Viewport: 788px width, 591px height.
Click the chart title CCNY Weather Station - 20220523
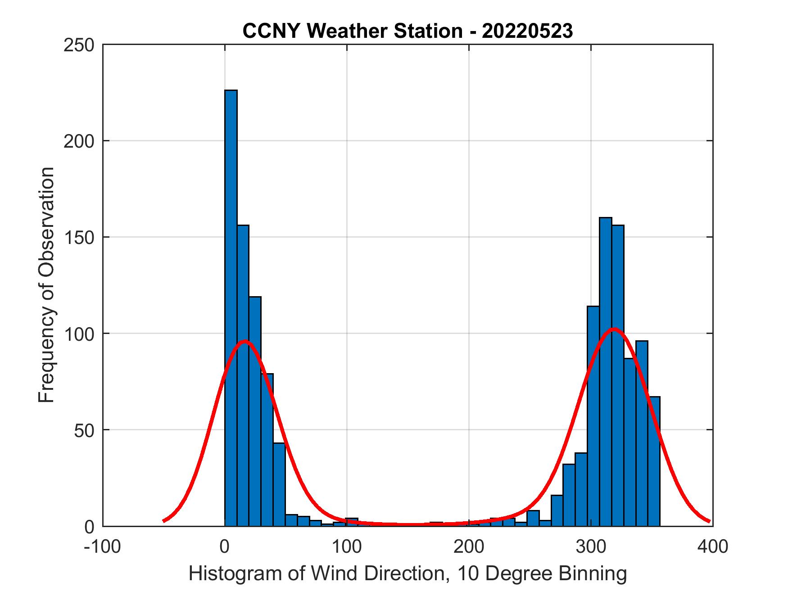point(408,31)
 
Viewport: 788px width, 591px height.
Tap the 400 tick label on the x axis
point(712,546)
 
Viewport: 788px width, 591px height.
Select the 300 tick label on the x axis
point(591,546)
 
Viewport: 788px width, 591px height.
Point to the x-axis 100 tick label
point(346,546)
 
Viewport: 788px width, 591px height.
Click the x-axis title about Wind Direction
point(408,573)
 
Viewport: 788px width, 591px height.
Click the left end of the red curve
point(164,521)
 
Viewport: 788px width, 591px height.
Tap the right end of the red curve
point(710,521)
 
